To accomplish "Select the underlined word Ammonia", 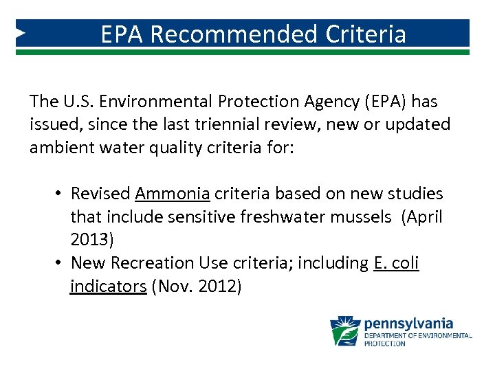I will click(x=172, y=194).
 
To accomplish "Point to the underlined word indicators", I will click(x=108, y=286).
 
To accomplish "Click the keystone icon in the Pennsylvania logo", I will click(x=346, y=330).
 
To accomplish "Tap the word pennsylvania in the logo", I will click(x=408, y=323).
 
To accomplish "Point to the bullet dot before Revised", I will click(x=60, y=194).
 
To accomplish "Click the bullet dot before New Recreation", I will click(x=60, y=263).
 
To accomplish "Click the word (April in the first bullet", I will click(x=422, y=217).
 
